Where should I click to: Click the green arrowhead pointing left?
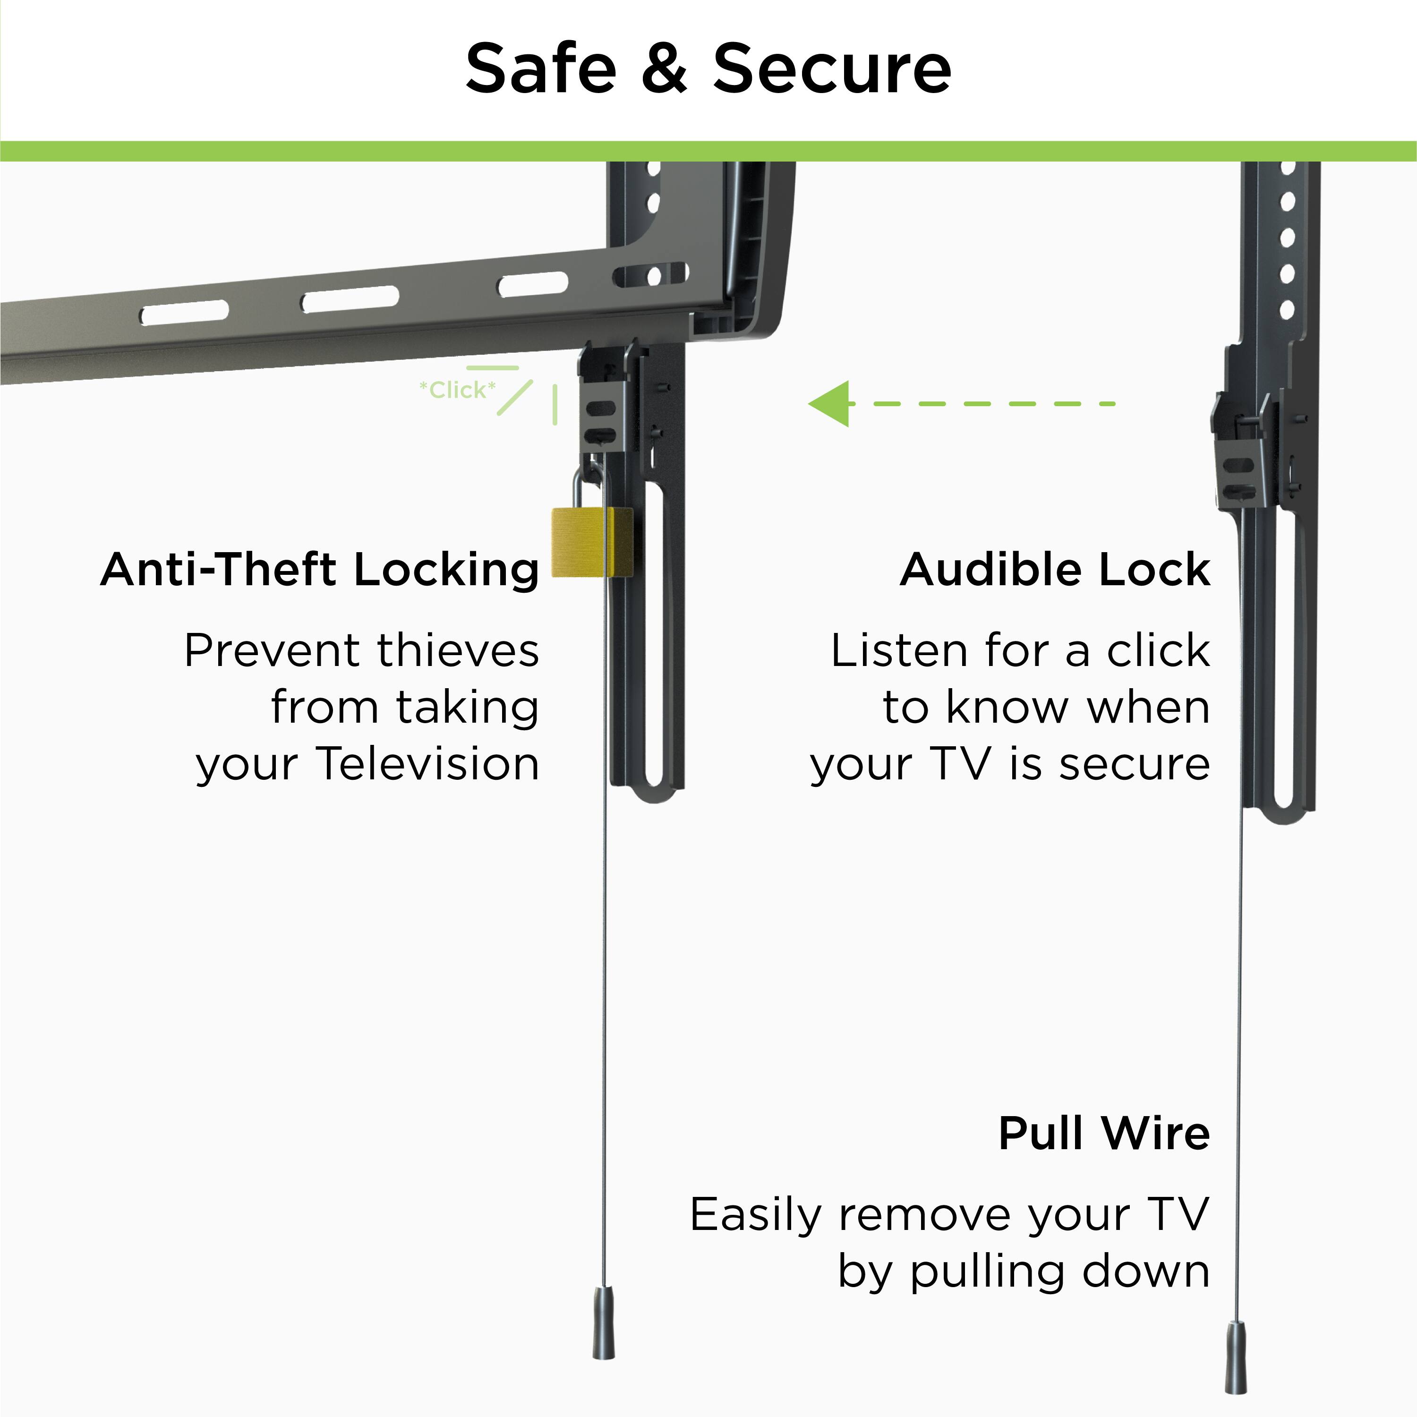tap(831, 403)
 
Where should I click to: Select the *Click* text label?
tap(457, 390)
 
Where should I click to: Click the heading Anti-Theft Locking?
tap(320, 570)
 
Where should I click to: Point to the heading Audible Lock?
tap(1055, 570)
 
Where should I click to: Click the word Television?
tap(428, 763)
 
